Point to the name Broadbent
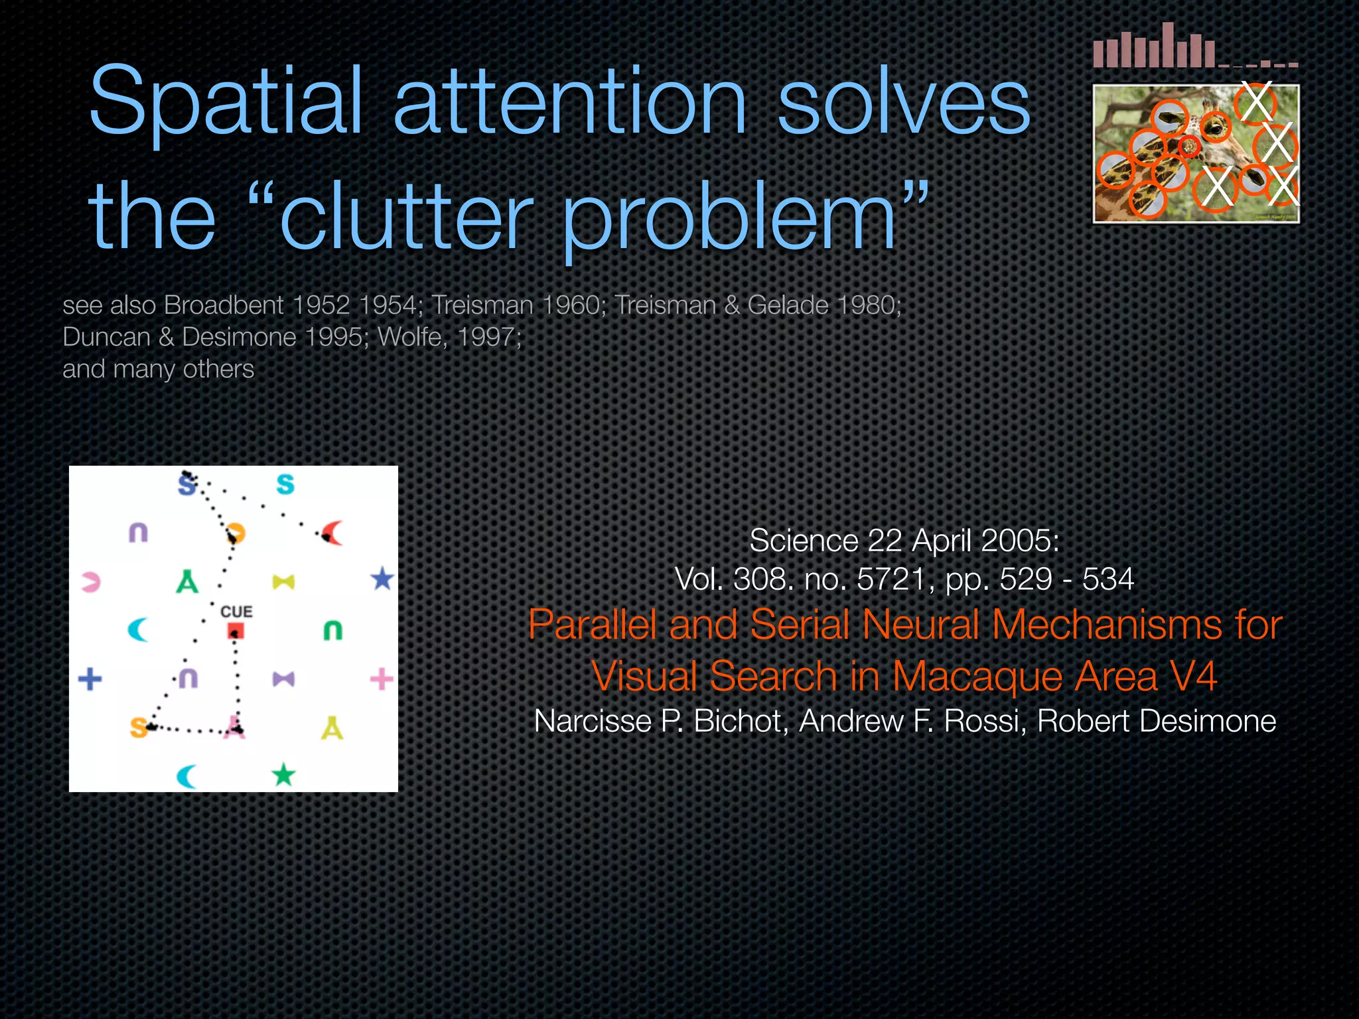(224, 305)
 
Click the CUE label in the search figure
(236, 611)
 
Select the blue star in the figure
(382, 579)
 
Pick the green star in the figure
(283, 774)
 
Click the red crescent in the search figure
(332, 533)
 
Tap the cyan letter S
(285, 484)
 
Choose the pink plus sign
(382, 679)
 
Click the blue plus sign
(90, 679)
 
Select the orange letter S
(138, 728)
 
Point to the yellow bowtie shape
(283, 582)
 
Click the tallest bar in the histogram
(1168, 45)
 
